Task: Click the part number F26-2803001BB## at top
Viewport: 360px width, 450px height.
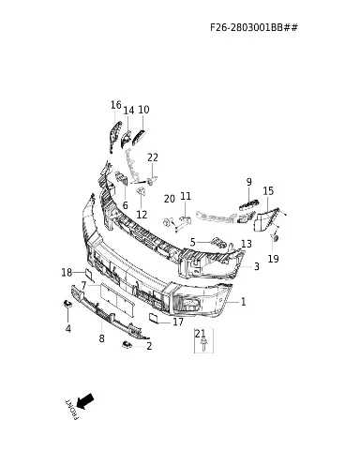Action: (254, 27)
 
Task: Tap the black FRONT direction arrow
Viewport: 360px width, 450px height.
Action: (84, 401)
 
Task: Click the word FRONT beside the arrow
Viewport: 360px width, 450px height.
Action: (71, 409)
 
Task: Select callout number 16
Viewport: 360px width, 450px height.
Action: (116, 105)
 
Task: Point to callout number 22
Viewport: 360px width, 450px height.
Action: (153, 157)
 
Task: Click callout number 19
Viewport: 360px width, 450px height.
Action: (273, 259)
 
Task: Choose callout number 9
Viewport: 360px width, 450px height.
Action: (248, 182)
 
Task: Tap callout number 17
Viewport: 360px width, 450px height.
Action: (178, 322)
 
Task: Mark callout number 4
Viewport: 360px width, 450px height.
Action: (68, 329)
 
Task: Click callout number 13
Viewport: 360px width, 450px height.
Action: (247, 244)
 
